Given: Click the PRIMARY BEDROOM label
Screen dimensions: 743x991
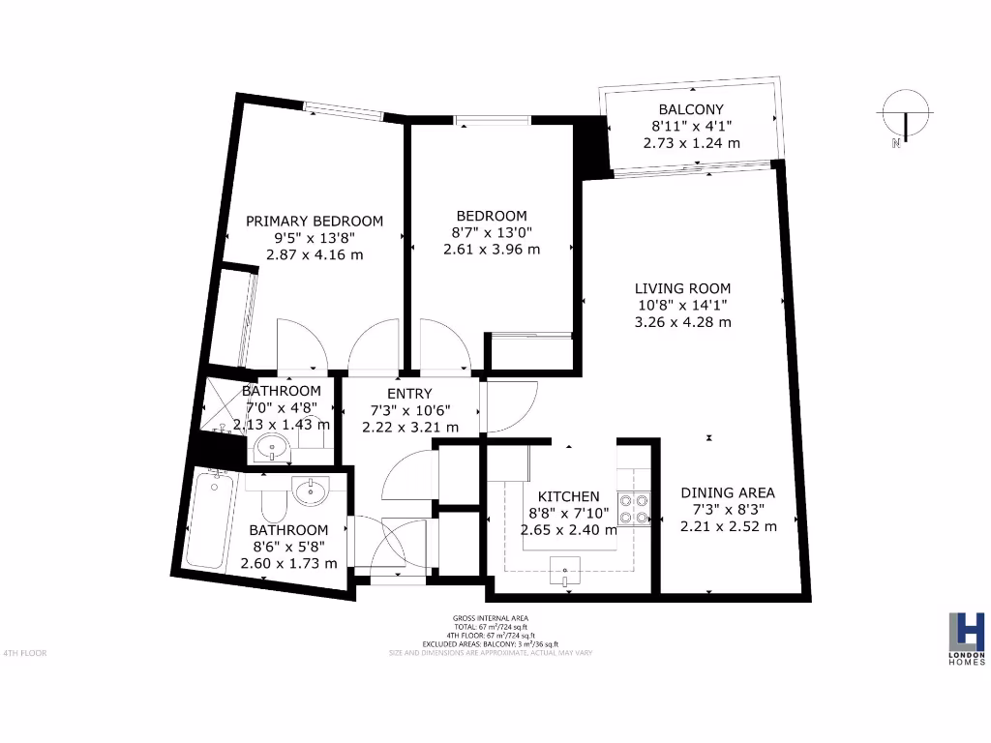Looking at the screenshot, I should [x=314, y=221].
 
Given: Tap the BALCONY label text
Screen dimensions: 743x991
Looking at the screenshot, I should [x=691, y=109].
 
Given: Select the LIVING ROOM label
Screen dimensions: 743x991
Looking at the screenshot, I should [x=682, y=288].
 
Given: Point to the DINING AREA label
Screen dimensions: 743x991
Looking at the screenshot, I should [x=727, y=492].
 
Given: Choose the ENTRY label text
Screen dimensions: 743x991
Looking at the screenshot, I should [x=409, y=394].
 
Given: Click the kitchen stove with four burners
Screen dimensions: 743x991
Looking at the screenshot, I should [x=633, y=510].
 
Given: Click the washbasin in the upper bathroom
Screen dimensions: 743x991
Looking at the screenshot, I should [x=271, y=449].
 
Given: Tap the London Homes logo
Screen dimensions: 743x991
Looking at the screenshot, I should [x=966, y=638].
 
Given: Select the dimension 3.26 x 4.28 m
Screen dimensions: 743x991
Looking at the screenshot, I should [x=682, y=322].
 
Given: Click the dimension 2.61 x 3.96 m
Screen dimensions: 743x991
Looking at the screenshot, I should [x=492, y=249].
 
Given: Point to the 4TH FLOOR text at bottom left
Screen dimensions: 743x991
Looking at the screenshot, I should [x=25, y=653].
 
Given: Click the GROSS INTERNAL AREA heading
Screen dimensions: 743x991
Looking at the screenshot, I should [x=491, y=618].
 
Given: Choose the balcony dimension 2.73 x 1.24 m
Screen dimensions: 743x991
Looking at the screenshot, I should [x=691, y=142].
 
